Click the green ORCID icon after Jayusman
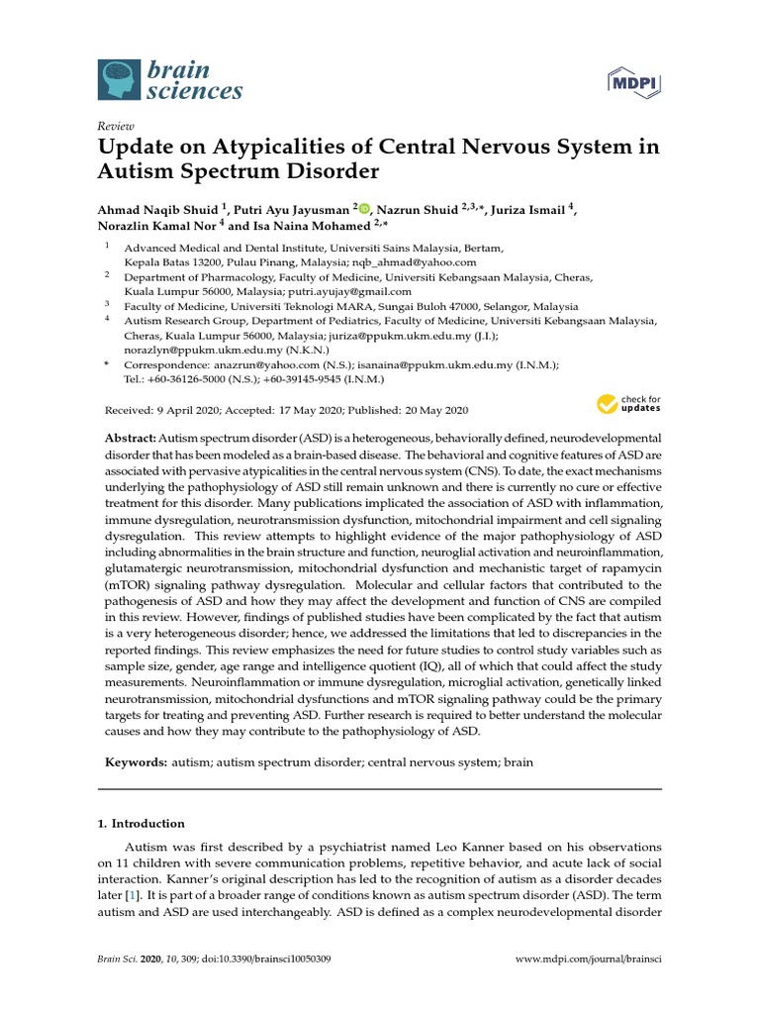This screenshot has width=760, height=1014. point(363,209)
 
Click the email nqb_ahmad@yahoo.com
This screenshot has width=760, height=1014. point(423,262)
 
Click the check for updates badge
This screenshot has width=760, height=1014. point(627,403)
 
